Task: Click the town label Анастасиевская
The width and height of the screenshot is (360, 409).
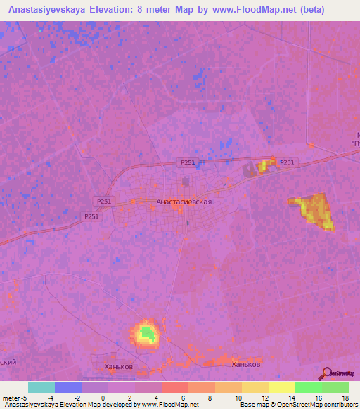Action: (x=184, y=201)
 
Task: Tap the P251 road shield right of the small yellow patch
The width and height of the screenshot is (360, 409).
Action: (x=288, y=162)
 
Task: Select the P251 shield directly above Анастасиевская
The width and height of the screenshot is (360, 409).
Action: (x=187, y=162)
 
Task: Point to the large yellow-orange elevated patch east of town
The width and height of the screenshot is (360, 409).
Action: (x=312, y=210)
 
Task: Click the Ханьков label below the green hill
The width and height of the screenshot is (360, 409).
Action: (x=113, y=366)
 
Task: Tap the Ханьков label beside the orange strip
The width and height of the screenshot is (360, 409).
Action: (x=246, y=365)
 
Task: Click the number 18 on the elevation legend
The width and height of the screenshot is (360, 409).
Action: (x=346, y=398)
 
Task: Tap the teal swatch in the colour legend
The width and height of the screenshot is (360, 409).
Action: (x=41, y=387)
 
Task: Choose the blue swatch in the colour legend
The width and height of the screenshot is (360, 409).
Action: (x=67, y=387)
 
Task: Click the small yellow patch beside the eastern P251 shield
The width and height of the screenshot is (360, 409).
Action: (x=265, y=166)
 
